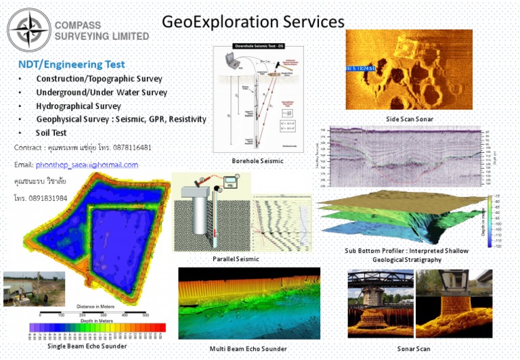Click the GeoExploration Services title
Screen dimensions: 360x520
[x=253, y=22]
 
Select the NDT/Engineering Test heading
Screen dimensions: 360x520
[x=71, y=64]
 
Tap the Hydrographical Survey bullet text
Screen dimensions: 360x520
[x=79, y=106]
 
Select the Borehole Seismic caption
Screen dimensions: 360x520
[x=257, y=161]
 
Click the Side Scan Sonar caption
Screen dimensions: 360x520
[x=409, y=119]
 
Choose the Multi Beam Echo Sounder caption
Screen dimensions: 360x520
[x=248, y=348]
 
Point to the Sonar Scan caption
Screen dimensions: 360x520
[x=413, y=348]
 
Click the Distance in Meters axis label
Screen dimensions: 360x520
[x=93, y=307]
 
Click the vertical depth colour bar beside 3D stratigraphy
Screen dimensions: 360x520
[x=489, y=221]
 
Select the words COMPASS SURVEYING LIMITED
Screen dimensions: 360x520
[x=100, y=30]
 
